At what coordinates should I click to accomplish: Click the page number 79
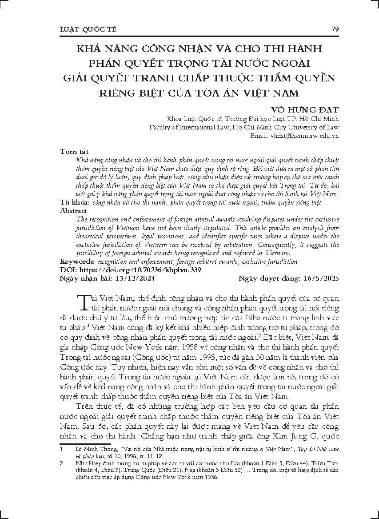point(335,29)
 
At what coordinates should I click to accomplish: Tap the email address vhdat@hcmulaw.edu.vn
point(307,135)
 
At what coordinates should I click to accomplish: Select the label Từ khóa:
point(74,202)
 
